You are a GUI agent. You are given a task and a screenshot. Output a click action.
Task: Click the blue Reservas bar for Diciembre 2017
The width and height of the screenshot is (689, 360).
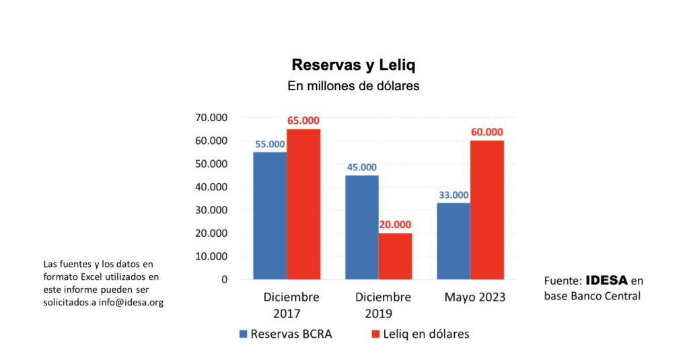pyautogui.click(x=270, y=215)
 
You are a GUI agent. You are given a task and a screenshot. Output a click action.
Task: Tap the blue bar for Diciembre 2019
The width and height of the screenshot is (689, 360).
pyautogui.click(x=361, y=227)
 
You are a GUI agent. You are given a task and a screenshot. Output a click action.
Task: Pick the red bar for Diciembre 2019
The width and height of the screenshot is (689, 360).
pyautogui.click(x=395, y=256)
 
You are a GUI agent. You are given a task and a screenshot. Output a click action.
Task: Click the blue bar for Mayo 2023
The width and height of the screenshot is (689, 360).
pyautogui.click(x=453, y=241)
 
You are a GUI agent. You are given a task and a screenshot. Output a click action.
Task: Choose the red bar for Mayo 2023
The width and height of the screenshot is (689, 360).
pyautogui.click(x=486, y=209)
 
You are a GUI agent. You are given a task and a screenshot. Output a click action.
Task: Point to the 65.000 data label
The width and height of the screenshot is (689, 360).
pyautogui.click(x=303, y=120)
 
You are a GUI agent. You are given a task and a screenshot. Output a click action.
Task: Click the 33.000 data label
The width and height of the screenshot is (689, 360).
pyautogui.click(x=453, y=194)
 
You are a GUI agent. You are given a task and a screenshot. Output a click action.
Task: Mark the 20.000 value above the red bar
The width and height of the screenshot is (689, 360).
pyautogui.click(x=395, y=225)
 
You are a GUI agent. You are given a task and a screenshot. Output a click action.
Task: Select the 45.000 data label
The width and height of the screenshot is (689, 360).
pyautogui.click(x=361, y=167)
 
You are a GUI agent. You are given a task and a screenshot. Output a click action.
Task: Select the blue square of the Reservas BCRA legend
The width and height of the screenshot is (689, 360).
pyautogui.click(x=244, y=334)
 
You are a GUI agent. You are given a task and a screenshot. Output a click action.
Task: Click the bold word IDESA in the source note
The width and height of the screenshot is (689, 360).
pyautogui.click(x=608, y=280)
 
